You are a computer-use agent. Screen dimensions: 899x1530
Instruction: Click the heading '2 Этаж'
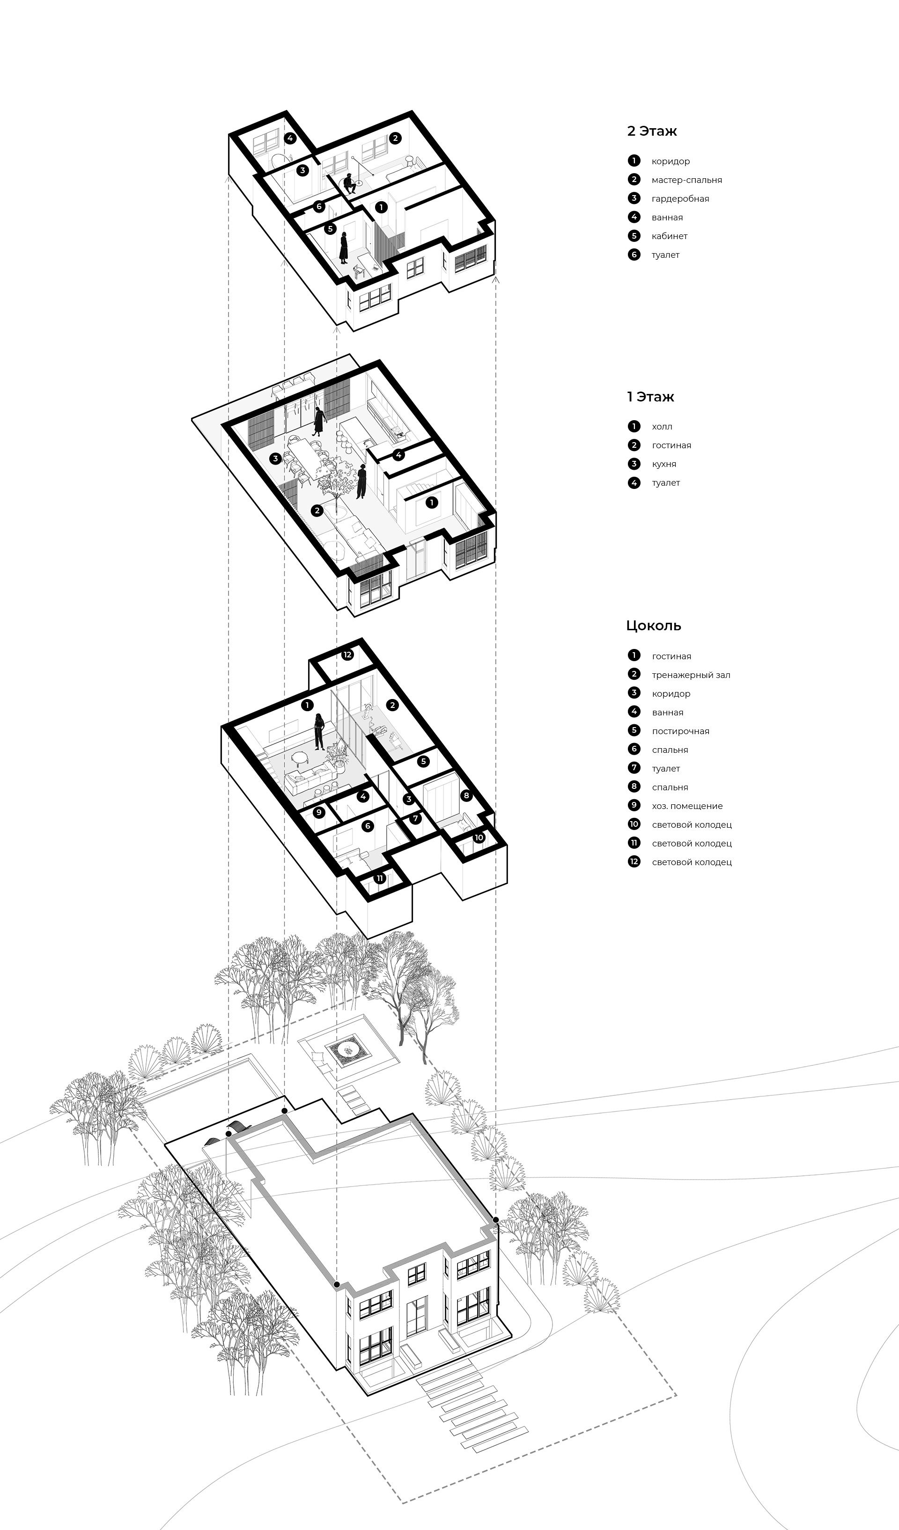point(652,131)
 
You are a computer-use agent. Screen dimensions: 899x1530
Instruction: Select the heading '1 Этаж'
point(650,397)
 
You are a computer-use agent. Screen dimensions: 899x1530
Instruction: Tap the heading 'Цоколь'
point(654,626)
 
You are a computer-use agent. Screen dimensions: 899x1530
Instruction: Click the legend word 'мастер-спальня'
point(686,180)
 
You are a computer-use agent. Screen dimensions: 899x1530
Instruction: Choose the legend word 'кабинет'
point(670,236)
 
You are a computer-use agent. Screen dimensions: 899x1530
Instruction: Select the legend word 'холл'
point(662,427)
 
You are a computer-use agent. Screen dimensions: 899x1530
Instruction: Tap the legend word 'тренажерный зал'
point(691,675)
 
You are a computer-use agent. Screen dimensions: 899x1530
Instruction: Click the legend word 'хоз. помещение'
point(687,806)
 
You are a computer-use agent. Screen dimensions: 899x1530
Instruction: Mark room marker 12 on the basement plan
point(347,655)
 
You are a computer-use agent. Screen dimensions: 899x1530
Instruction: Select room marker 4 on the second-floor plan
point(290,138)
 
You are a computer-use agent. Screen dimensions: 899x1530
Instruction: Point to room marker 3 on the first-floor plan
point(275,459)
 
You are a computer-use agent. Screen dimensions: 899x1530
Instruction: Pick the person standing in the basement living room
point(317,732)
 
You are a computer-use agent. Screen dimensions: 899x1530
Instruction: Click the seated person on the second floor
point(349,183)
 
